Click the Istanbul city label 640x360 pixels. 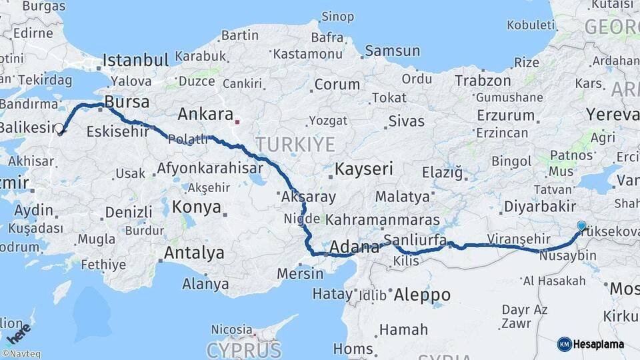[x=135, y=60]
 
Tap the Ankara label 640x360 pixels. [x=205, y=114]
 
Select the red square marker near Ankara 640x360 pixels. [x=237, y=123]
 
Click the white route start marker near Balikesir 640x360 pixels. [x=59, y=129]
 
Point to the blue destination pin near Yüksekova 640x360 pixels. [x=581, y=227]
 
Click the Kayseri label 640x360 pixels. [x=364, y=169]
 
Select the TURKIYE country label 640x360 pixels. [x=295, y=143]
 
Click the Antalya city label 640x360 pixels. [x=194, y=253]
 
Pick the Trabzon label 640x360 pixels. [x=483, y=80]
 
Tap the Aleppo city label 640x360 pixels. [x=422, y=294]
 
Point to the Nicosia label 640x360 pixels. [x=231, y=329]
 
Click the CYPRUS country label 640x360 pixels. [x=243, y=349]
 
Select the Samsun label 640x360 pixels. [x=393, y=51]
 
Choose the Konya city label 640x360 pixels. [x=197, y=207]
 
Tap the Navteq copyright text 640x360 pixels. [x=21, y=354]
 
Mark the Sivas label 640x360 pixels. [x=406, y=121]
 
